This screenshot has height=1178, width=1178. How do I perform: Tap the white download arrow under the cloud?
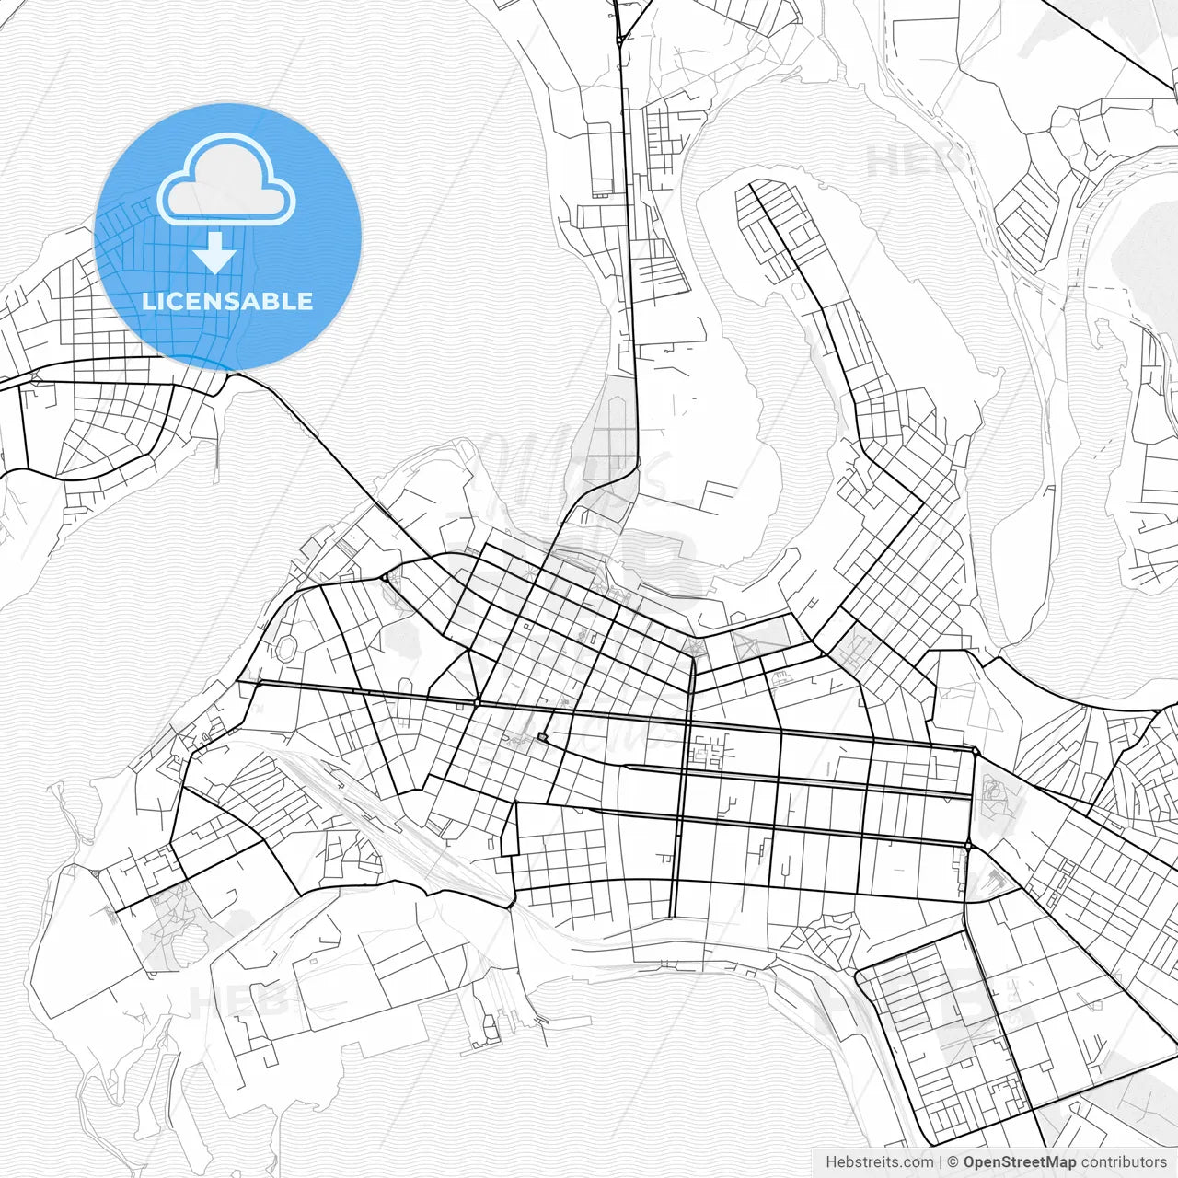[x=214, y=252]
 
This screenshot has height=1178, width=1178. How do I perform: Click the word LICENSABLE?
[x=227, y=301]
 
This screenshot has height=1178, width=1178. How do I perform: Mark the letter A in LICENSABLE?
[x=249, y=301]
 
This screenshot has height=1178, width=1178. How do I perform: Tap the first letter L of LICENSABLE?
[x=149, y=301]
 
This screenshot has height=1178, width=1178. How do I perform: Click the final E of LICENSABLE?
[x=305, y=301]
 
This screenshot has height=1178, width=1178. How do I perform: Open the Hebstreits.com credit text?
[x=879, y=1162]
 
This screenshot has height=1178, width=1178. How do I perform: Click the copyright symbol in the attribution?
[x=953, y=1162]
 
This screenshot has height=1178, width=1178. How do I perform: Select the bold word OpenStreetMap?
[x=1019, y=1162]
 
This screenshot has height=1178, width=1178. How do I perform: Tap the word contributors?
[x=1123, y=1162]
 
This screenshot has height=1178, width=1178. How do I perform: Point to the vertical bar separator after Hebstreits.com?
[x=941, y=1162]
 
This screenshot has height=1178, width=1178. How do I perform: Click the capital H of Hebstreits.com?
[x=831, y=1162]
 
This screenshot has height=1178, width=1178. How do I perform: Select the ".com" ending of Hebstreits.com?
[x=918, y=1162]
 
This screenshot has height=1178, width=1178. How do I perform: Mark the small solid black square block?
[x=542, y=736]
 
